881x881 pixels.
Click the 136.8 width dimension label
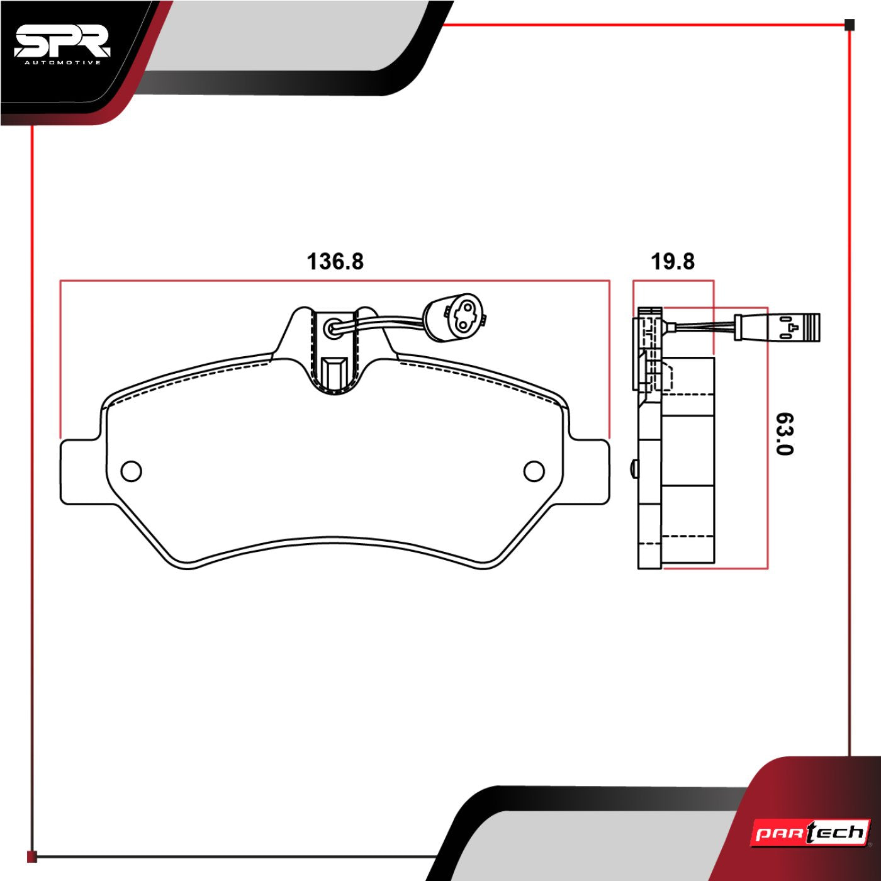(335, 261)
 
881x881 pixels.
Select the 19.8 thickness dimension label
(672, 261)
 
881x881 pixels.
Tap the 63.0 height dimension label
(784, 434)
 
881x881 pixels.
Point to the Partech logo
(811, 833)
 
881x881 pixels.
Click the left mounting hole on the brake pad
(131, 471)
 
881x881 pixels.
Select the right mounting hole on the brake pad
(534, 471)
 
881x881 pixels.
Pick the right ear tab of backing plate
(590, 472)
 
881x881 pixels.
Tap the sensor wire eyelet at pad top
(332, 327)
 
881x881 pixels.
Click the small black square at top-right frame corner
(850, 25)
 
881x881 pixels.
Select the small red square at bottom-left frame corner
(32, 856)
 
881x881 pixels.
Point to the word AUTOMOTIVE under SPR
(62, 62)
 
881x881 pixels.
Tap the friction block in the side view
(688, 459)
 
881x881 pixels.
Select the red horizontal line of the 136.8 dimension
(335, 281)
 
